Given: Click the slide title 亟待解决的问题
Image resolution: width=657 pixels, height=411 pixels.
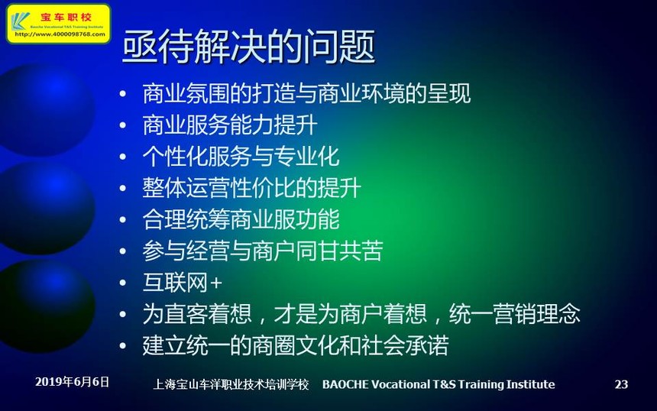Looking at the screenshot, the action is pos(248,46).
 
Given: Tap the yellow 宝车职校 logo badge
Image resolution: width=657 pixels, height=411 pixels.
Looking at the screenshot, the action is pos(59,24).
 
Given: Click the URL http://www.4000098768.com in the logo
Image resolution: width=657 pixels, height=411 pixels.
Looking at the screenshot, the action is pos(60,34).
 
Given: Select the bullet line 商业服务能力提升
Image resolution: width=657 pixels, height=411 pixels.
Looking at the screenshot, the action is pos(230,125).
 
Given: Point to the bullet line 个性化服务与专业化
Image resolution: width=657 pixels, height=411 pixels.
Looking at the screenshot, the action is pos(241,157).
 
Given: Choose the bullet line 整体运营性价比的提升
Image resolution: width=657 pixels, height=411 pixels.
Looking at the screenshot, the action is pos(251,188).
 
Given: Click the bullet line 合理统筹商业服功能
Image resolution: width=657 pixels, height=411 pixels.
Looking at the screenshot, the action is pos(241,219).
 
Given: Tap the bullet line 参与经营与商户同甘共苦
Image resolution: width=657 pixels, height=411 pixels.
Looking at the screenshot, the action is pos(263,251).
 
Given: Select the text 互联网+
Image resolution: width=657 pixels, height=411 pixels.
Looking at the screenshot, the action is pos(183,283).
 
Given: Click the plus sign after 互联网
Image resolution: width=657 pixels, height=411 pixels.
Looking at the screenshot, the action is pos(216,283).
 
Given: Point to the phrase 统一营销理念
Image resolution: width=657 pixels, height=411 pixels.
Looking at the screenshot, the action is pos(515,314).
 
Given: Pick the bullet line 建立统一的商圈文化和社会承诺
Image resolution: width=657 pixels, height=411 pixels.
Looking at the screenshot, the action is pos(296,345).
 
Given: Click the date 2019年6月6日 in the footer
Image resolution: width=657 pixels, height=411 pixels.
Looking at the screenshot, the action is pos(72,382).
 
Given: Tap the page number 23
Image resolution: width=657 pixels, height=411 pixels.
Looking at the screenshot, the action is pos(621,384).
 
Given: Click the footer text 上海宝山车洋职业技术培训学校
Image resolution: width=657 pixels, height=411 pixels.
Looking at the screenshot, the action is pos(231,384).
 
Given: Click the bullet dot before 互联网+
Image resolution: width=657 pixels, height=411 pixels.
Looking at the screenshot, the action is pos(123,283).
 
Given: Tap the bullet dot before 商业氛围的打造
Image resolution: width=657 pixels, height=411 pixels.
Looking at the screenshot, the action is pos(123,94).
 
